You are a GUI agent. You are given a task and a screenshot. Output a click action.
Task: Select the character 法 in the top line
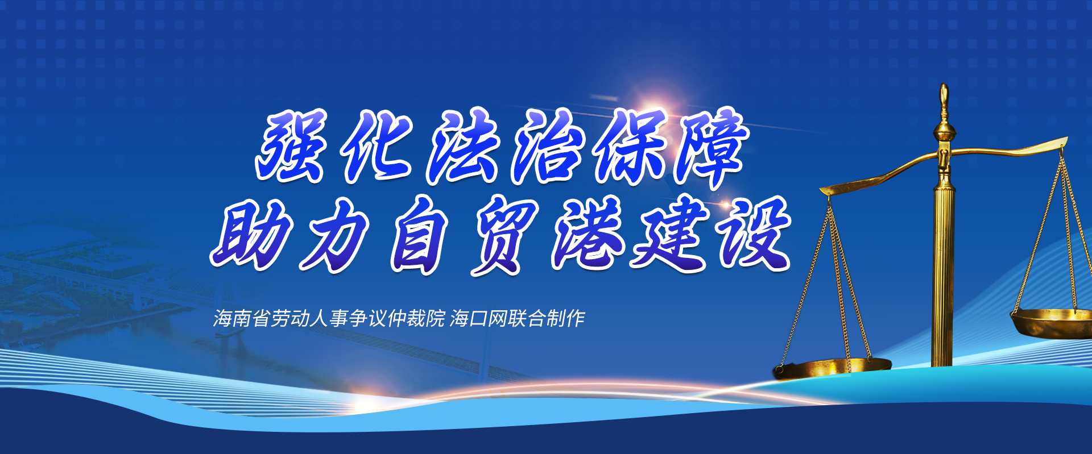coord(462,146)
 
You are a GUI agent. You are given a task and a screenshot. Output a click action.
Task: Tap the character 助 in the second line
coord(250,233)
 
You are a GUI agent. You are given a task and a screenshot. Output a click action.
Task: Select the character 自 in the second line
coord(420,234)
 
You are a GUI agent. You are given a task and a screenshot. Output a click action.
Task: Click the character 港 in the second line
coord(588,233)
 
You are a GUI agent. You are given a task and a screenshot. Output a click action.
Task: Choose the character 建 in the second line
coord(671,233)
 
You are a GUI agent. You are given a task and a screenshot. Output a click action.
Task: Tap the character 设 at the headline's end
coord(754,233)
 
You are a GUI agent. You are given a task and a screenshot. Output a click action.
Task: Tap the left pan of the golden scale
coord(832,369)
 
